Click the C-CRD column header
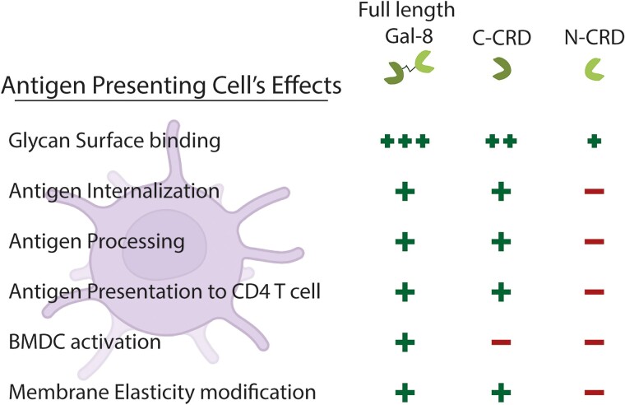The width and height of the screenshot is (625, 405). pyautogui.click(x=502, y=38)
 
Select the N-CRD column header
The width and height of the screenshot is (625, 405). pyautogui.click(x=595, y=38)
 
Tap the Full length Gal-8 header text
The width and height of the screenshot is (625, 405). pyautogui.click(x=407, y=22)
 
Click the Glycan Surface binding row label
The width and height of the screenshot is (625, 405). pyautogui.click(x=114, y=142)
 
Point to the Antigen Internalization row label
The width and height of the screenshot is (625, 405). pyautogui.click(x=114, y=192)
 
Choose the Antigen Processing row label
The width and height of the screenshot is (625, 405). pyautogui.click(x=96, y=242)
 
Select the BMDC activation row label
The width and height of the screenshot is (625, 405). pyautogui.click(x=85, y=342)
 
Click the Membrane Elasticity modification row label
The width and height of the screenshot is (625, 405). pyautogui.click(x=162, y=392)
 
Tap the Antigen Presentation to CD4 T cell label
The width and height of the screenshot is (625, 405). pyautogui.click(x=164, y=292)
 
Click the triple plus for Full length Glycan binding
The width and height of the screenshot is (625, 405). pyautogui.click(x=405, y=142)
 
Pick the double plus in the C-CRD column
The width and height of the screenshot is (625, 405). pyautogui.click(x=502, y=142)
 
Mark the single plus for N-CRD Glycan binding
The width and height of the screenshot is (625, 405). pyautogui.click(x=595, y=142)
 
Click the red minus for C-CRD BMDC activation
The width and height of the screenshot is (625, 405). pyautogui.click(x=502, y=342)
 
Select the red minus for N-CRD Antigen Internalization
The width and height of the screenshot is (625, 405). pyautogui.click(x=595, y=192)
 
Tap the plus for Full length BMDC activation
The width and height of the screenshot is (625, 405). pyautogui.click(x=405, y=342)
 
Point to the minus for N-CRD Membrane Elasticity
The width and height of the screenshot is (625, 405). pyautogui.click(x=595, y=393)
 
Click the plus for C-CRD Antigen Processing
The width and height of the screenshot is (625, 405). pyautogui.click(x=502, y=242)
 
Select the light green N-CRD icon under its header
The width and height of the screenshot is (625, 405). pyautogui.click(x=593, y=69)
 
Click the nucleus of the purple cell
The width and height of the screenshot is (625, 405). pyautogui.click(x=164, y=244)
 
